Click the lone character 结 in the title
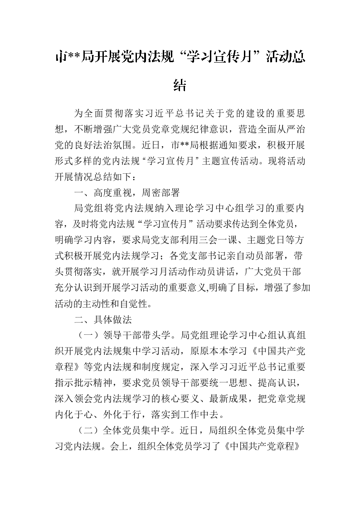[x=180, y=85]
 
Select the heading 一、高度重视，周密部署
[x=127, y=192]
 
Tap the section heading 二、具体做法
[x=102, y=320]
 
